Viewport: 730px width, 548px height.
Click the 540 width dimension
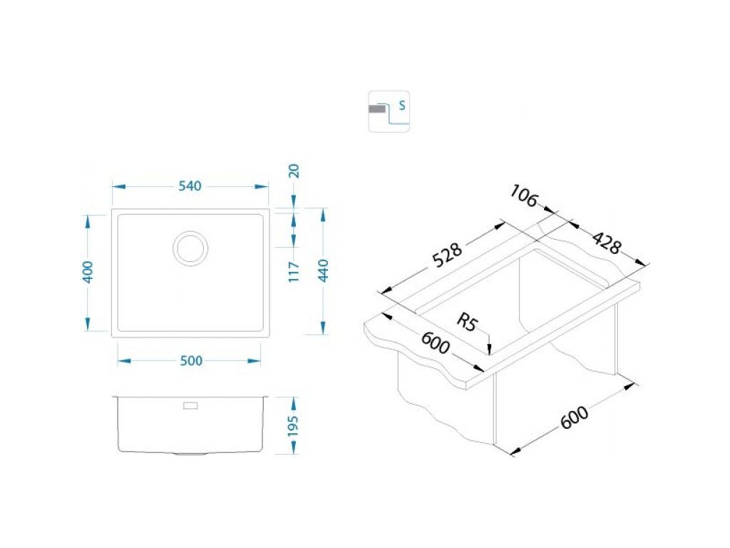190,186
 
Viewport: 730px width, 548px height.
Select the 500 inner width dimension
191,360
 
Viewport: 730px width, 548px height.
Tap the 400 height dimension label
88,272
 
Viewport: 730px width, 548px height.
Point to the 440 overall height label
323,270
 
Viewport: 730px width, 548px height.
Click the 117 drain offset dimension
293,271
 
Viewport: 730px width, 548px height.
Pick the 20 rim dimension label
294,171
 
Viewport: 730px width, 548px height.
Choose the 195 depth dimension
293,426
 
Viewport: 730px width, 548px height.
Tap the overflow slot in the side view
190,406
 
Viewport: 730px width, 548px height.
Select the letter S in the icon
402,106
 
